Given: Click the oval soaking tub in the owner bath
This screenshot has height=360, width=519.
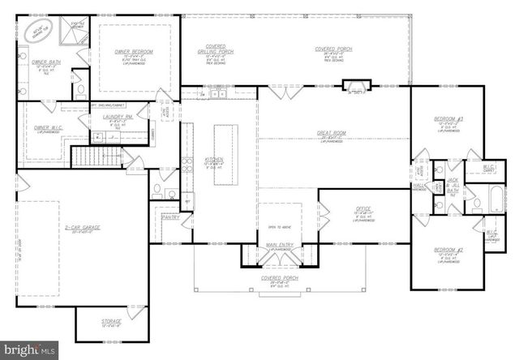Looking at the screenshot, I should (39, 33).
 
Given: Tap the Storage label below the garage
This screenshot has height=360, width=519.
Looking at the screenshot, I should (111, 321).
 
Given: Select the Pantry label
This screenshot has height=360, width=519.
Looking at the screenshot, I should (170, 217).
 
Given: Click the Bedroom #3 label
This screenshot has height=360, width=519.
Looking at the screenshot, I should (448, 120).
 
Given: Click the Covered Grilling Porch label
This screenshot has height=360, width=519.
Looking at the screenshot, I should (216, 50).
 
